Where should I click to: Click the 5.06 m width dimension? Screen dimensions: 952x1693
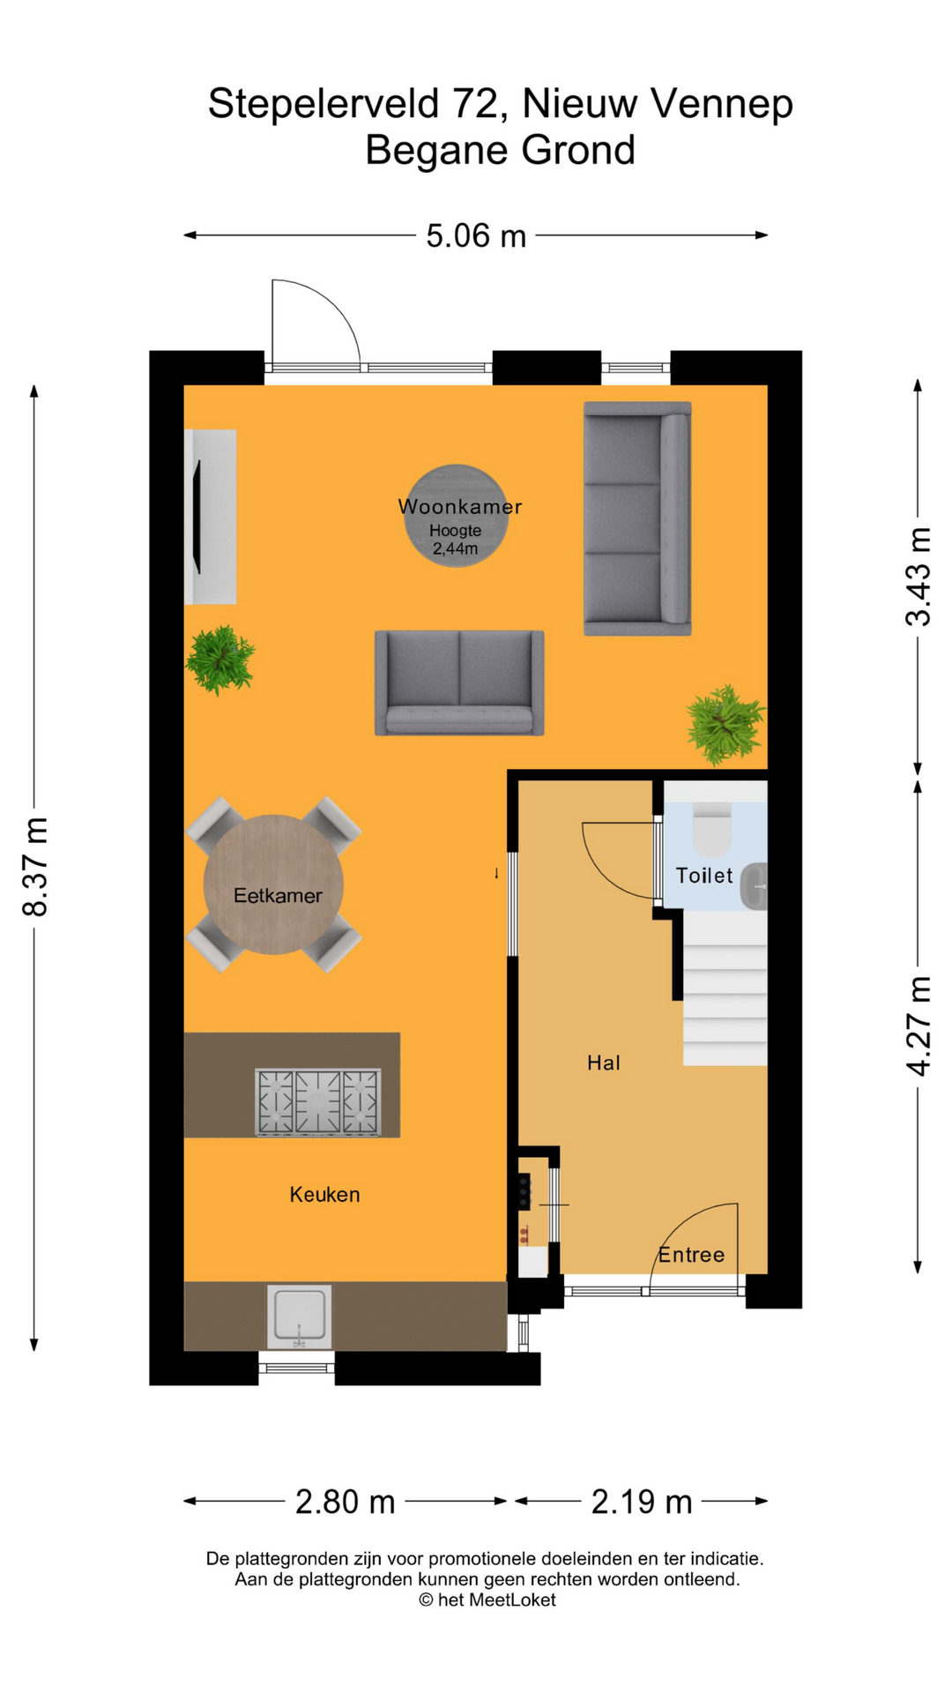click(476, 235)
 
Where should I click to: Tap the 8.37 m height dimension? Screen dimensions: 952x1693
click(35, 867)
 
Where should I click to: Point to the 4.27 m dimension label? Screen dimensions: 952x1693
click(918, 1025)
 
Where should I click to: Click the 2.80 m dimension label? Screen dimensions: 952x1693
click(345, 1501)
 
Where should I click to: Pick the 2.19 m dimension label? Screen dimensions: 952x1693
click(642, 1501)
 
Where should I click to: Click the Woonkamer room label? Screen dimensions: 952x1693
click(459, 506)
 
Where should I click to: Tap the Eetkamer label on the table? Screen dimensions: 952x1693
click(278, 896)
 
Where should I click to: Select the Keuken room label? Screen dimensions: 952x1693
click(324, 1195)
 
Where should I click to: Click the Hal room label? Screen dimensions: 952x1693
click(604, 1063)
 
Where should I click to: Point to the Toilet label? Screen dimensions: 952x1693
click(704, 876)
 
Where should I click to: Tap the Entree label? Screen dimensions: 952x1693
click(692, 1255)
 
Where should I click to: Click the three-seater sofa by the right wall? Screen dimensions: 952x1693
click(637, 518)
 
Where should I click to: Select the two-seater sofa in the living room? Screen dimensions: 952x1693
click(459, 683)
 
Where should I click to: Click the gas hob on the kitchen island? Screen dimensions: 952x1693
click(318, 1102)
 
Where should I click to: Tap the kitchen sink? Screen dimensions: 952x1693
click(300, 1316)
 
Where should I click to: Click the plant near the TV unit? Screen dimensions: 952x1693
click(220, 660)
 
